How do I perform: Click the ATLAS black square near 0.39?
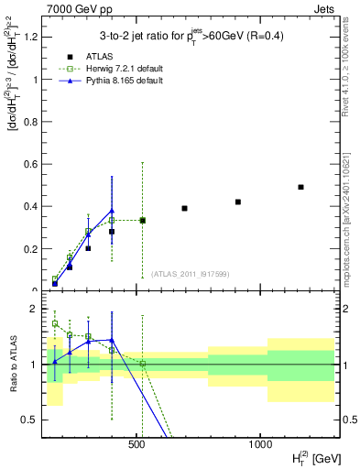click(184, 208)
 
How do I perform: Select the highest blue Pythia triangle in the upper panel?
click(112, 211)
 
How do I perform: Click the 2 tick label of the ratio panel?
click(33, 309)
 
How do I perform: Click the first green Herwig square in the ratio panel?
click(55, 323)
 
